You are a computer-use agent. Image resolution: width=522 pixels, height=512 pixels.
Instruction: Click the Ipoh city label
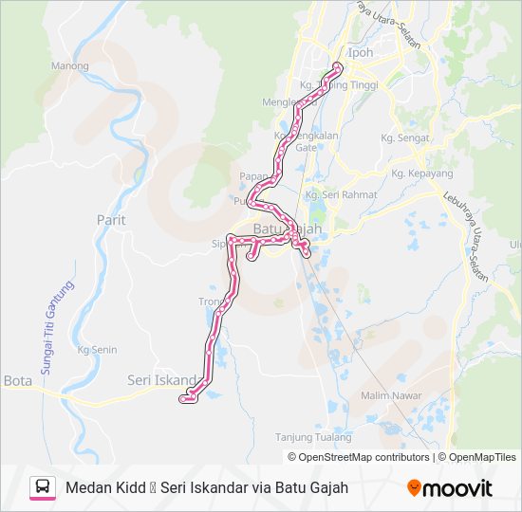coord(361,53)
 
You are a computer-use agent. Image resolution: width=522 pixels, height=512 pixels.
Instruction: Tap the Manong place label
coord(69,66)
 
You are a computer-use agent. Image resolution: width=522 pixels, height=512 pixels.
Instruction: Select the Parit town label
coord(111,219)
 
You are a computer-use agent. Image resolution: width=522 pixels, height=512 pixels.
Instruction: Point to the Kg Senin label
coord(97,350)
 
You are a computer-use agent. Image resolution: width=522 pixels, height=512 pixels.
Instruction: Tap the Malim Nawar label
coord(384,394)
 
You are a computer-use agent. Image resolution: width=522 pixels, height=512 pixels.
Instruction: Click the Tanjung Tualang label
coord(313,437)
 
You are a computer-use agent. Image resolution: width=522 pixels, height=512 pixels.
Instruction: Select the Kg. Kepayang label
coord(422,174)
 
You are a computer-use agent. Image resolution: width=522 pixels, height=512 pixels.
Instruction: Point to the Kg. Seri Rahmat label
coord(341,194)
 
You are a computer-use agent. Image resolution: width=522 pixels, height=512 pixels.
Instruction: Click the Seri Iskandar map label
coord(161,380)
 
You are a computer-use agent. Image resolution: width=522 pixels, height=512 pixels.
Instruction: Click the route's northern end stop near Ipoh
coord(338,66)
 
